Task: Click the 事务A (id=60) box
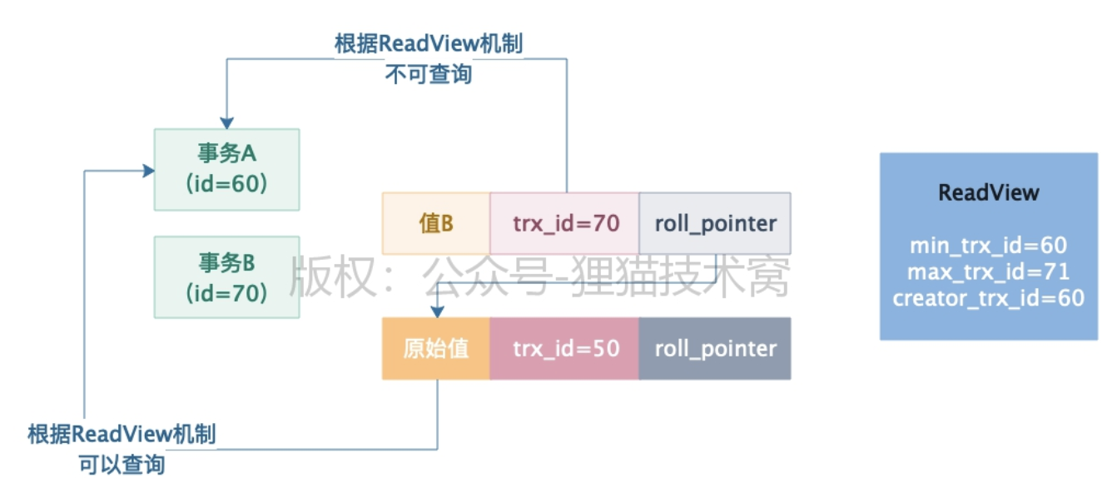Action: coord(226,169)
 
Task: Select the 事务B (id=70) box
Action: coord(226,276)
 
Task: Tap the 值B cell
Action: coord(435,223)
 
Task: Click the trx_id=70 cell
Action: coord(564,223)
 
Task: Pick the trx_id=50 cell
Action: coord(564,348)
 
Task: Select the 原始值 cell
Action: coord(435,348)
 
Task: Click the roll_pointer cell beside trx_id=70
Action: coord(715,223)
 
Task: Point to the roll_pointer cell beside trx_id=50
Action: coord(715,348)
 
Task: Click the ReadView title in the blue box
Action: coord(988,193)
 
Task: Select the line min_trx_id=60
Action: coord(988,246)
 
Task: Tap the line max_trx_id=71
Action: coord(988,271)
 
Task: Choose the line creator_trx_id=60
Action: coord(988,298)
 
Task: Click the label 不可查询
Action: coord(428,74)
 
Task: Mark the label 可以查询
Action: coord(122,465)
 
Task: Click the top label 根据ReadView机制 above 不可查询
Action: coord(428,43)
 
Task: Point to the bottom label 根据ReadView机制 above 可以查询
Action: coord(122,434)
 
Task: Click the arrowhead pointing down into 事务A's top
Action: coord(226,122)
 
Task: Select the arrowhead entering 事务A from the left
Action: coord(149,171)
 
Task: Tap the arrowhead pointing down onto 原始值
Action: coord(437,311)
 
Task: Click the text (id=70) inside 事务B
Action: coord(226,292)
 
